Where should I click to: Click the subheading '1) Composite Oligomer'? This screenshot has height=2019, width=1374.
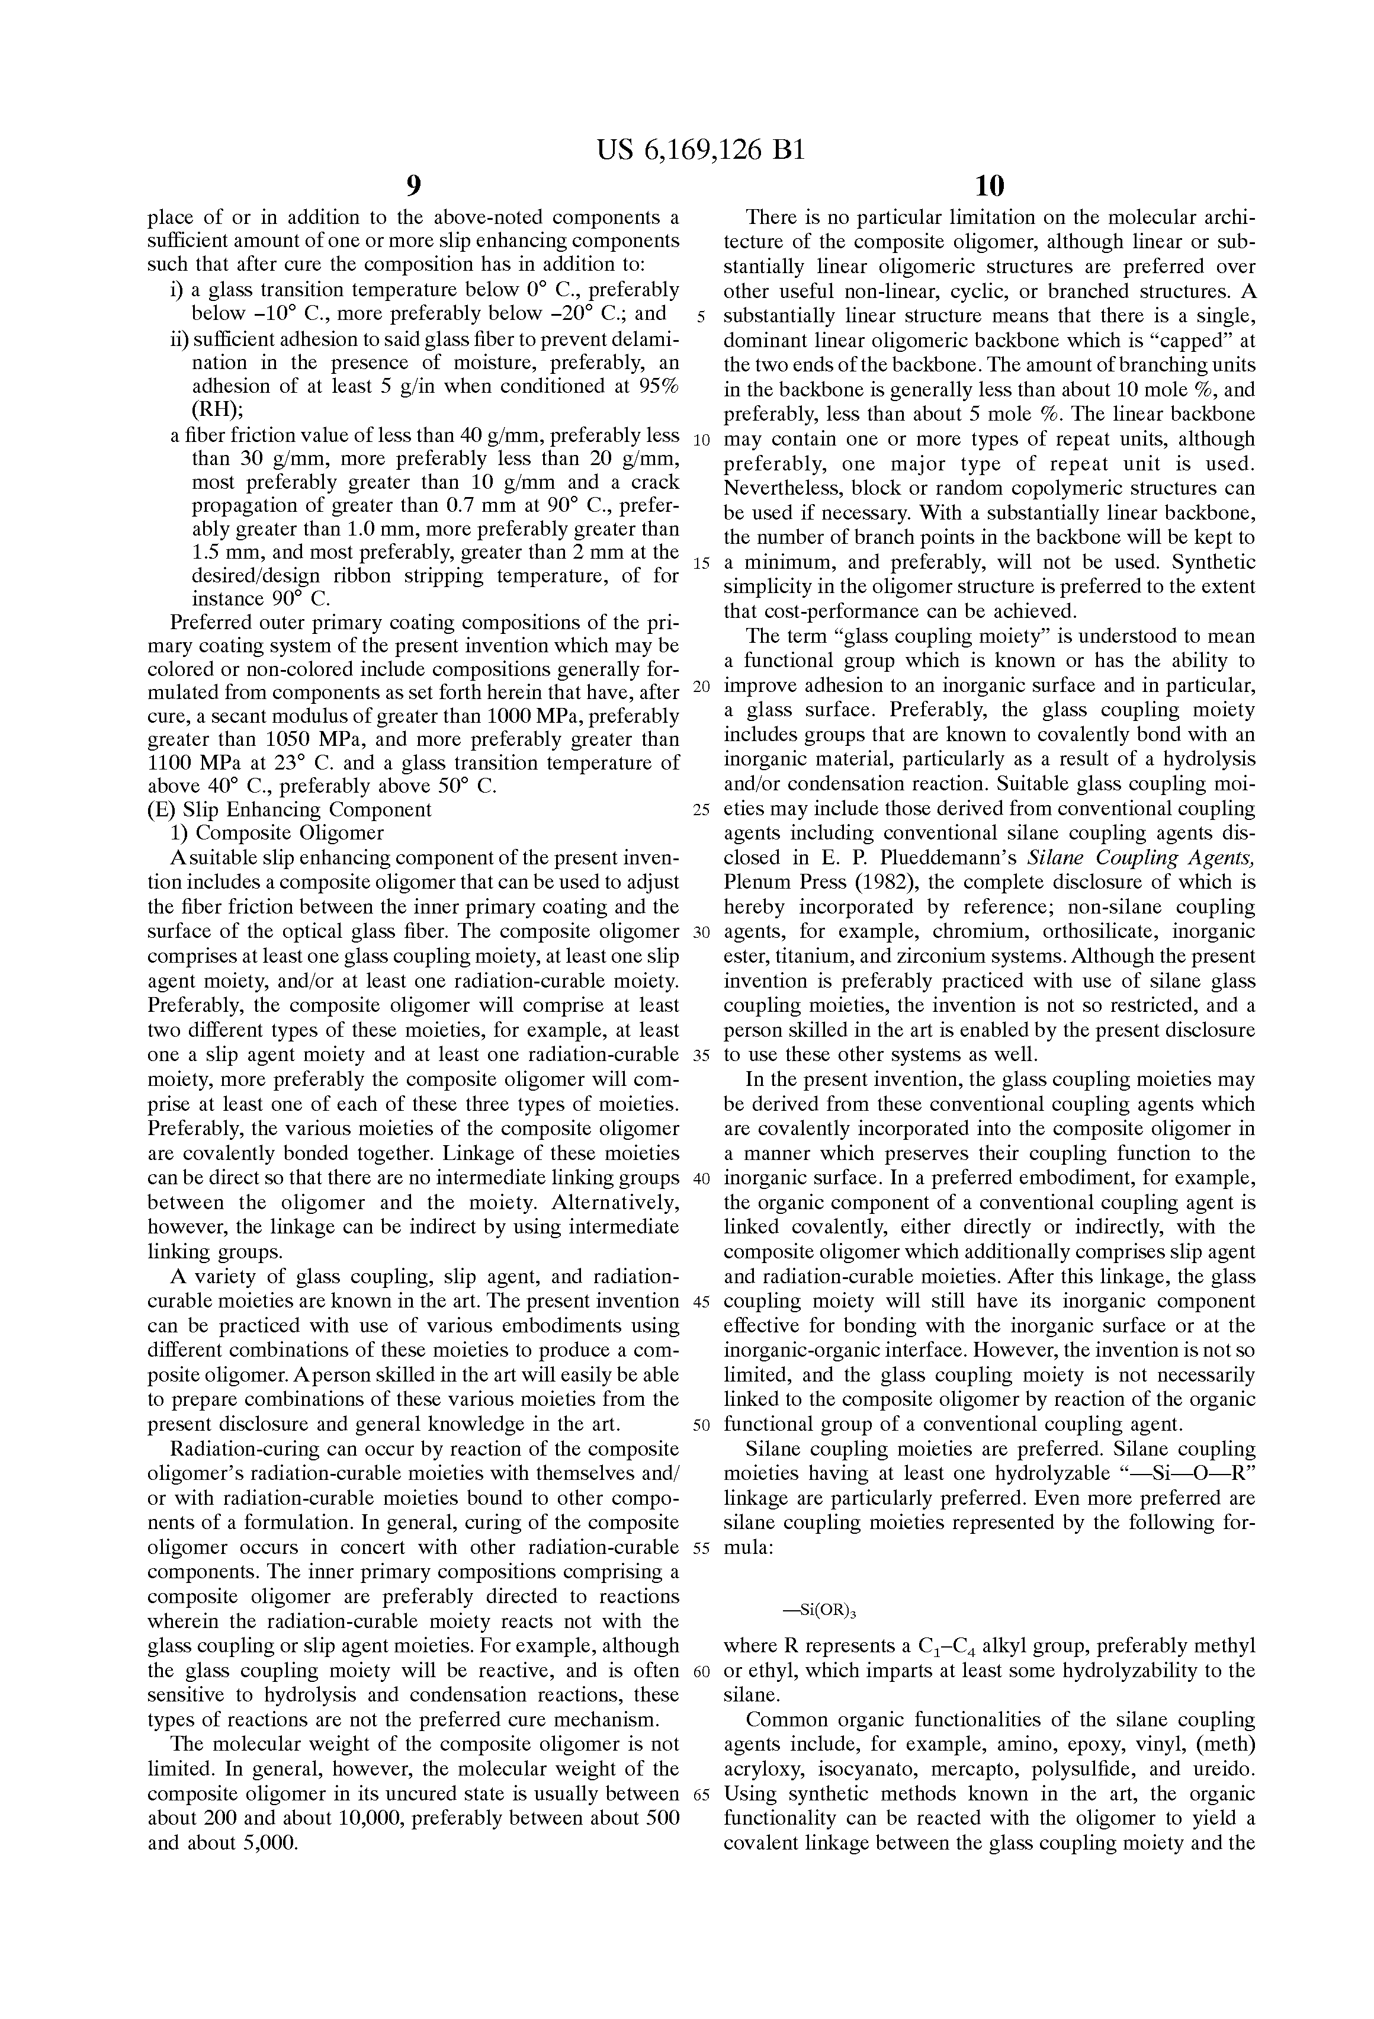pos(277,833)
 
